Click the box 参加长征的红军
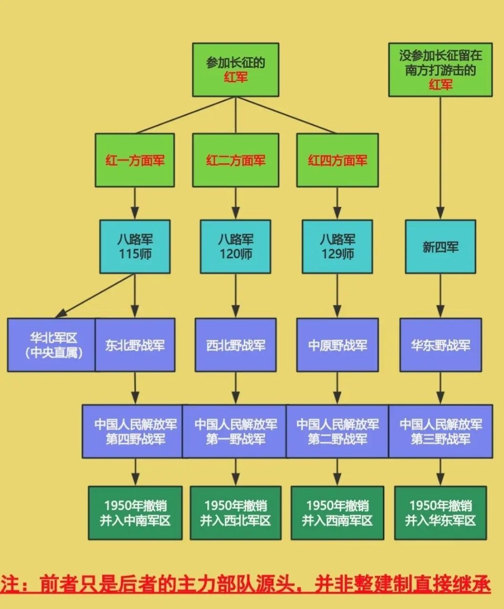click(x=235, y=70)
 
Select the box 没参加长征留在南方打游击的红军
click(x=440, y=70)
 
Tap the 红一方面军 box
click(x=134, y=160)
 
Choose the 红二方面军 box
click(x=235, y=160)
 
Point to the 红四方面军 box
click(x=337, y=160)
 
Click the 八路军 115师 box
click(x=135, y=246)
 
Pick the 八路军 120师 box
click(x=235, y=246)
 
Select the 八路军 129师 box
click(x=337, y=246)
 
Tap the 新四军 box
click(x=440, y=246)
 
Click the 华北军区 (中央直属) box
click(x=51, y=345)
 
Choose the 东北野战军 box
click(x=135, y=345)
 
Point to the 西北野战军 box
click(x=235, y=345)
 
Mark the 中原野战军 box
click(x=337, y=345)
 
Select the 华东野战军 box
click(x=440, y=345)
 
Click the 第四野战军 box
click(x=135, y=431)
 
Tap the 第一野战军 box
click(x=235, y=431)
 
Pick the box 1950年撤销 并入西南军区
click(x=337, y=513)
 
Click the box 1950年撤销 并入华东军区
click(x=440, y=513)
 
